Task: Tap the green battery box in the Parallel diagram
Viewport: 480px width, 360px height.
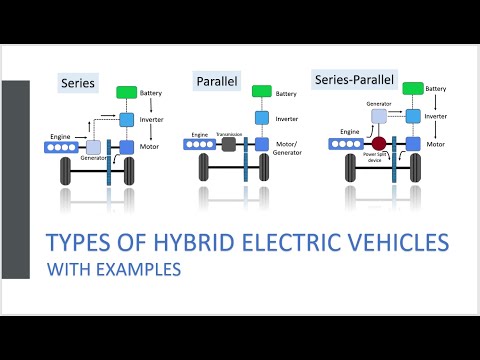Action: pos(261,92)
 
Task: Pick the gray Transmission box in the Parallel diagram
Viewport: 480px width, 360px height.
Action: pos(228,144)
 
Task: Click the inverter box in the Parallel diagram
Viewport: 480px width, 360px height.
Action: pos(261,118)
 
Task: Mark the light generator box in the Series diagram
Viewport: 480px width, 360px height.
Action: pos(93,147)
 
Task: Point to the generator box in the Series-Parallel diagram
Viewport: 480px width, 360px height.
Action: pos(379,116)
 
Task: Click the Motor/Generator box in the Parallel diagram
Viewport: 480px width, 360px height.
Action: pos(261,144)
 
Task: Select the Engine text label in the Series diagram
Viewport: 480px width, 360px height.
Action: pos(59,136)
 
